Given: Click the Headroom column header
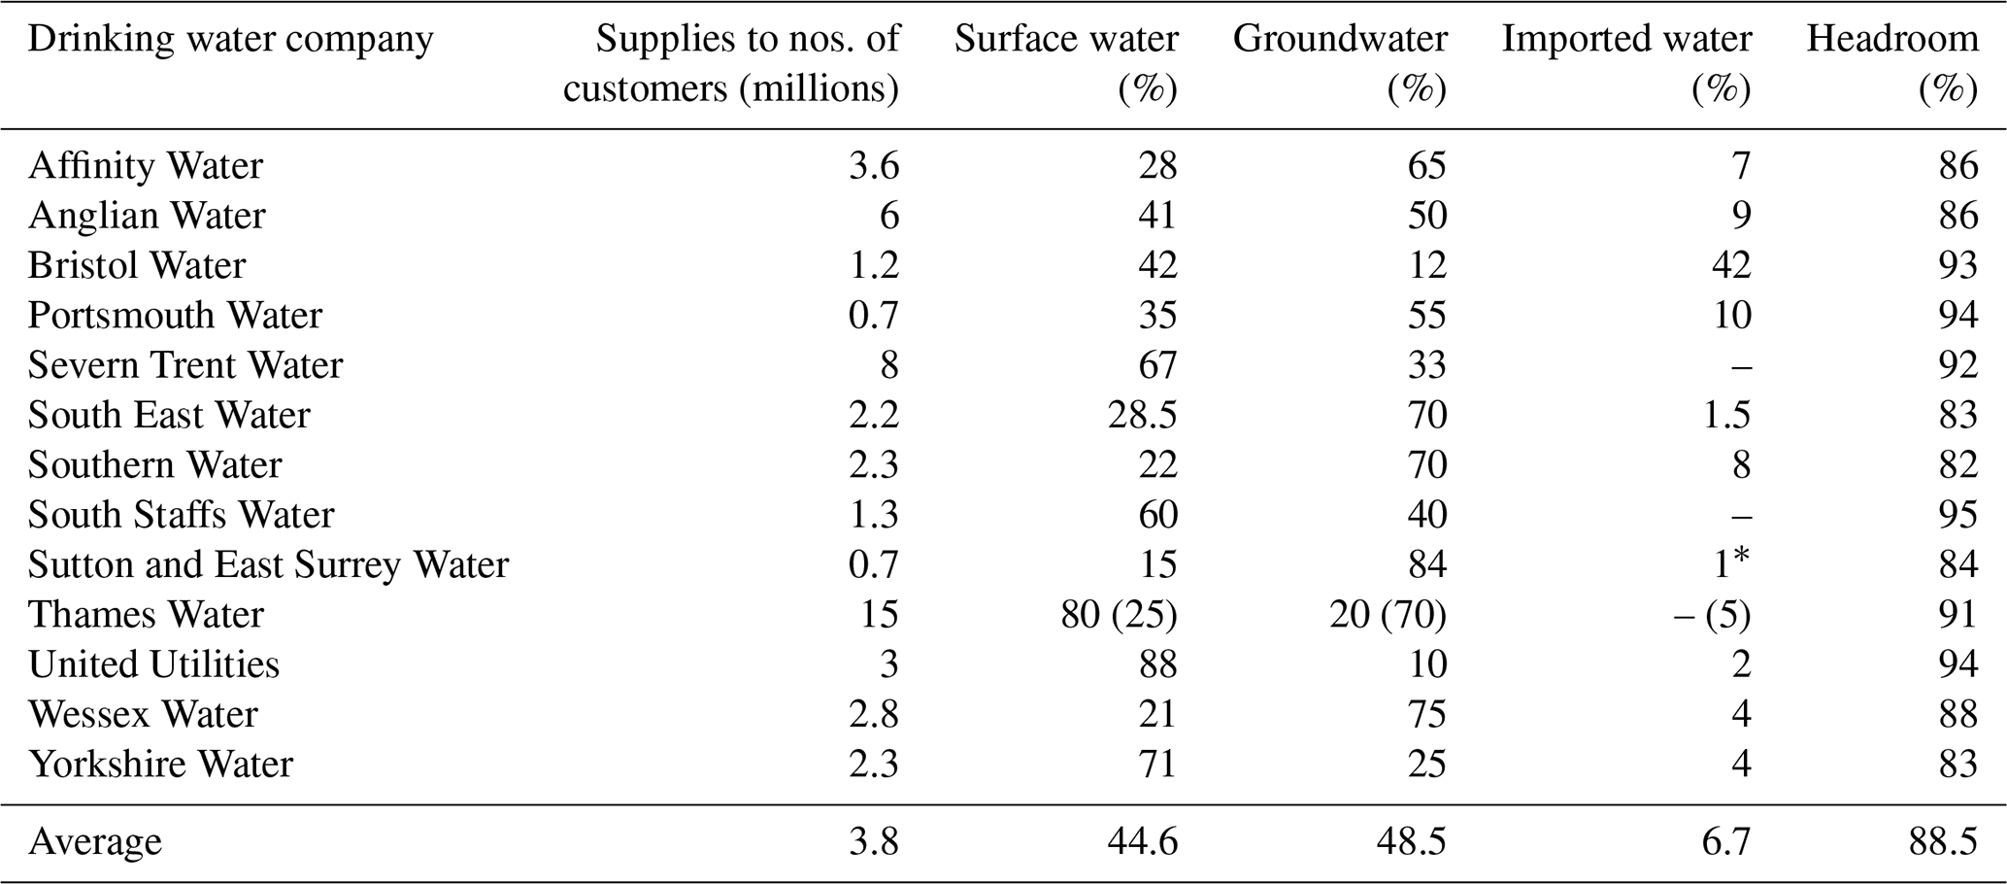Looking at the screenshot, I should point(1891,62).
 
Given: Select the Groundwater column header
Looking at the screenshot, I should point(1340,62).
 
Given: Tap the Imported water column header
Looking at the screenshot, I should point(1626,62).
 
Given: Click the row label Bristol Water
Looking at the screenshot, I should point(137,265).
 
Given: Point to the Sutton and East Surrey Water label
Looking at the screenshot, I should point(268,564).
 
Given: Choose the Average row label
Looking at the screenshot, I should point(95,841).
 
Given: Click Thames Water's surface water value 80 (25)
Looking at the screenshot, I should point(1119,615).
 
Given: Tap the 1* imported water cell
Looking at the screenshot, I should point(1730,564).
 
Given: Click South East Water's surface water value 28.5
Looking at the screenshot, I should point(1142,415).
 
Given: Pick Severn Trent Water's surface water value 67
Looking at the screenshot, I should point(1157,365).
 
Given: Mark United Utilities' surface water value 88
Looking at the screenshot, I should point(1157,664).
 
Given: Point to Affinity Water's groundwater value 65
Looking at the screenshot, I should point(1426,165).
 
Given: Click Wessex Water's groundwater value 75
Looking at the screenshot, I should point(1426,715).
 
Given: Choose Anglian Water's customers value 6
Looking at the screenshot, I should point(888,216).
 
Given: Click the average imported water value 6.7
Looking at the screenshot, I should point(1725,841).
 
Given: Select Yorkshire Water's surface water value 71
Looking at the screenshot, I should point(1157,765).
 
